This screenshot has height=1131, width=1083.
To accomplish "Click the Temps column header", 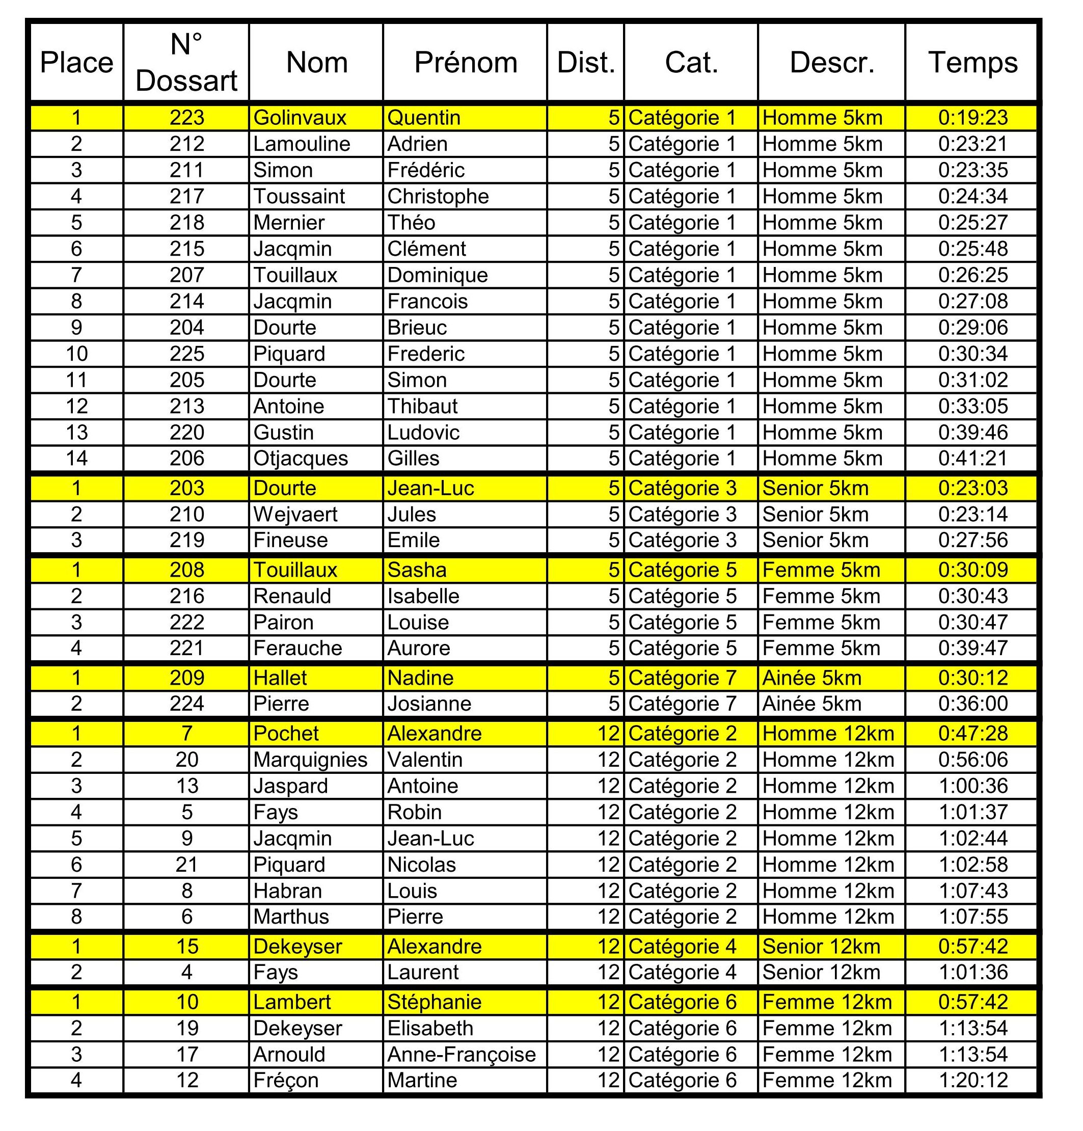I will (972, 62).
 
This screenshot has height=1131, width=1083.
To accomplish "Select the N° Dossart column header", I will (186, 62).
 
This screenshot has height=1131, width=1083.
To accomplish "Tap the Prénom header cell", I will (465, 62).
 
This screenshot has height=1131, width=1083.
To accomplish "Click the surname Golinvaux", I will (300, 118).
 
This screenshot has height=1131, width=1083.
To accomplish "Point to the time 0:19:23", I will (973, 118).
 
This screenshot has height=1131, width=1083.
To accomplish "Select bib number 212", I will (186, 144).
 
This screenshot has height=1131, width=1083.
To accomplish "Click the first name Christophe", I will (438, 196).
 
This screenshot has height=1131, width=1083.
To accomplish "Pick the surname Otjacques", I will (301, 458).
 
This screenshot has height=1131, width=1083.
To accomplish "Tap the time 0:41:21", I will (973, 458).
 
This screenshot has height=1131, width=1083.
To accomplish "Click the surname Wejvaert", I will (295, 514).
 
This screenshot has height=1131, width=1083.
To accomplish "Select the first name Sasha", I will (417, 570).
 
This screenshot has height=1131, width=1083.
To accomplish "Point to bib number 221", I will (186, 648).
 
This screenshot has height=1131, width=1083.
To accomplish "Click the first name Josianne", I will (429, 704).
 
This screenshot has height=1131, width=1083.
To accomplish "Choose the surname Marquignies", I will (310, 760).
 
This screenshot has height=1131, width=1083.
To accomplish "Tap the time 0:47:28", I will (973, 734).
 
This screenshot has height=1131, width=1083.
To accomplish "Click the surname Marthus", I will (291, 917).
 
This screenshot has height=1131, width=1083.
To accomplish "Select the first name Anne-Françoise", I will (462, 1055).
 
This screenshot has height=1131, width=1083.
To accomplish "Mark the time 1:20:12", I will (973, 1080).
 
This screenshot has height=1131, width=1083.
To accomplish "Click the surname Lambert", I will (292, 1002).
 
